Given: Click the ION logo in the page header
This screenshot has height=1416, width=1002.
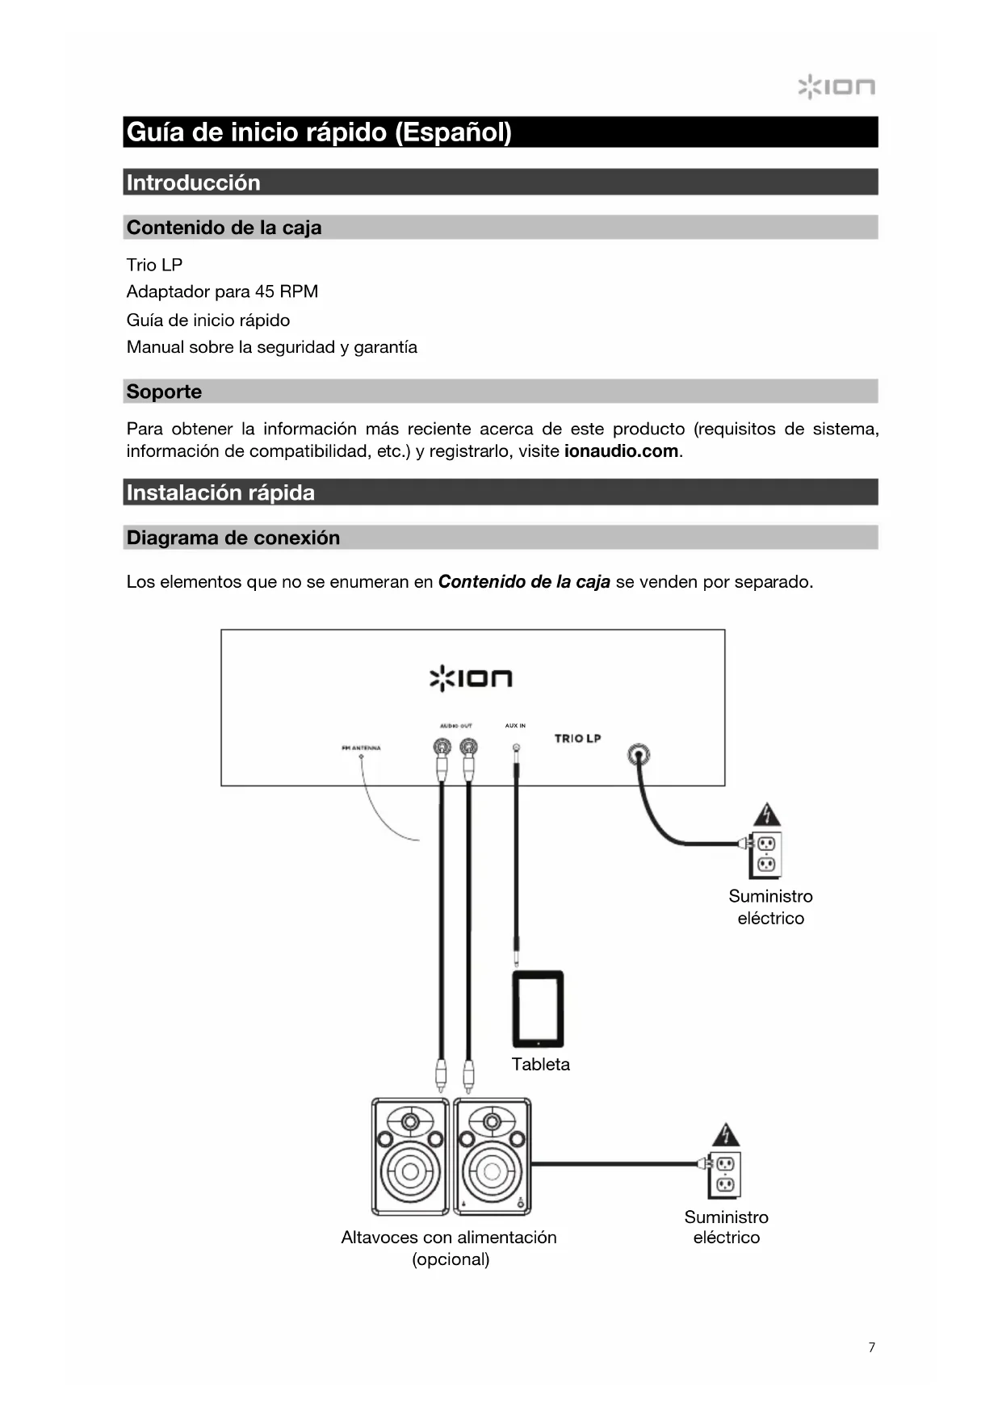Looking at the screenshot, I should click(x=836, y=86).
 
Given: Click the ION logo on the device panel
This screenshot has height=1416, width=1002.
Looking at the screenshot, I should click(x=471, y=678).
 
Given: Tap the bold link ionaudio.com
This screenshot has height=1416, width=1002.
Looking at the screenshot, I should click(x=621, y=451).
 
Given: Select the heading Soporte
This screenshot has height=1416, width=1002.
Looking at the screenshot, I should click(x=164, y=392).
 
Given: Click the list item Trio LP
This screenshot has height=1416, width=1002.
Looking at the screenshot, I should click(x=154, y=265).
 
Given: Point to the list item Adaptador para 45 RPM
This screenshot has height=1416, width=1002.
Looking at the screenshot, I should click(x=222, y=291).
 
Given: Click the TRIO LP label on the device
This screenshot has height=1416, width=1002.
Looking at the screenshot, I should click(x=577, y=738).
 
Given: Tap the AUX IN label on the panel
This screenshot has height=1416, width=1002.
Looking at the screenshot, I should click(x=515, y=726).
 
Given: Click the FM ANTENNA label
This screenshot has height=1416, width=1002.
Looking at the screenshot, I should click(x=361, y=748).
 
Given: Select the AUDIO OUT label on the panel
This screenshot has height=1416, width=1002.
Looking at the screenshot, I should click(x=455, y=726).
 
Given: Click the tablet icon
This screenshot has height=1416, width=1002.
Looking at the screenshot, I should click(x=538, y=1009).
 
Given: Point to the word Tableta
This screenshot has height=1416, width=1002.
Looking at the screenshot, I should click(x=540, y=1064).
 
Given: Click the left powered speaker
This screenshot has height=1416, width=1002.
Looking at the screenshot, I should click(x=410, y=1156).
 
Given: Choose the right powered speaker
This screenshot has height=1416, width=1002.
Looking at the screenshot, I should click(x=493, y=1156).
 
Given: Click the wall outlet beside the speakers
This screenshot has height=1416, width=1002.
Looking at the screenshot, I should click(x=724, y=1175).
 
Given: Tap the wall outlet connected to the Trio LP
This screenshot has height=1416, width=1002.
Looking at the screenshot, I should click(x=765, y=854).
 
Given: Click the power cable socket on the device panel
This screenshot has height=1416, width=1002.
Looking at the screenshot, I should click(x=639, y=755).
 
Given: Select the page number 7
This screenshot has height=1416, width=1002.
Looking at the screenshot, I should click(x=871, y=1347).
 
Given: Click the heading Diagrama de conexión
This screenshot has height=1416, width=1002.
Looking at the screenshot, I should click(x=233, y=538).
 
